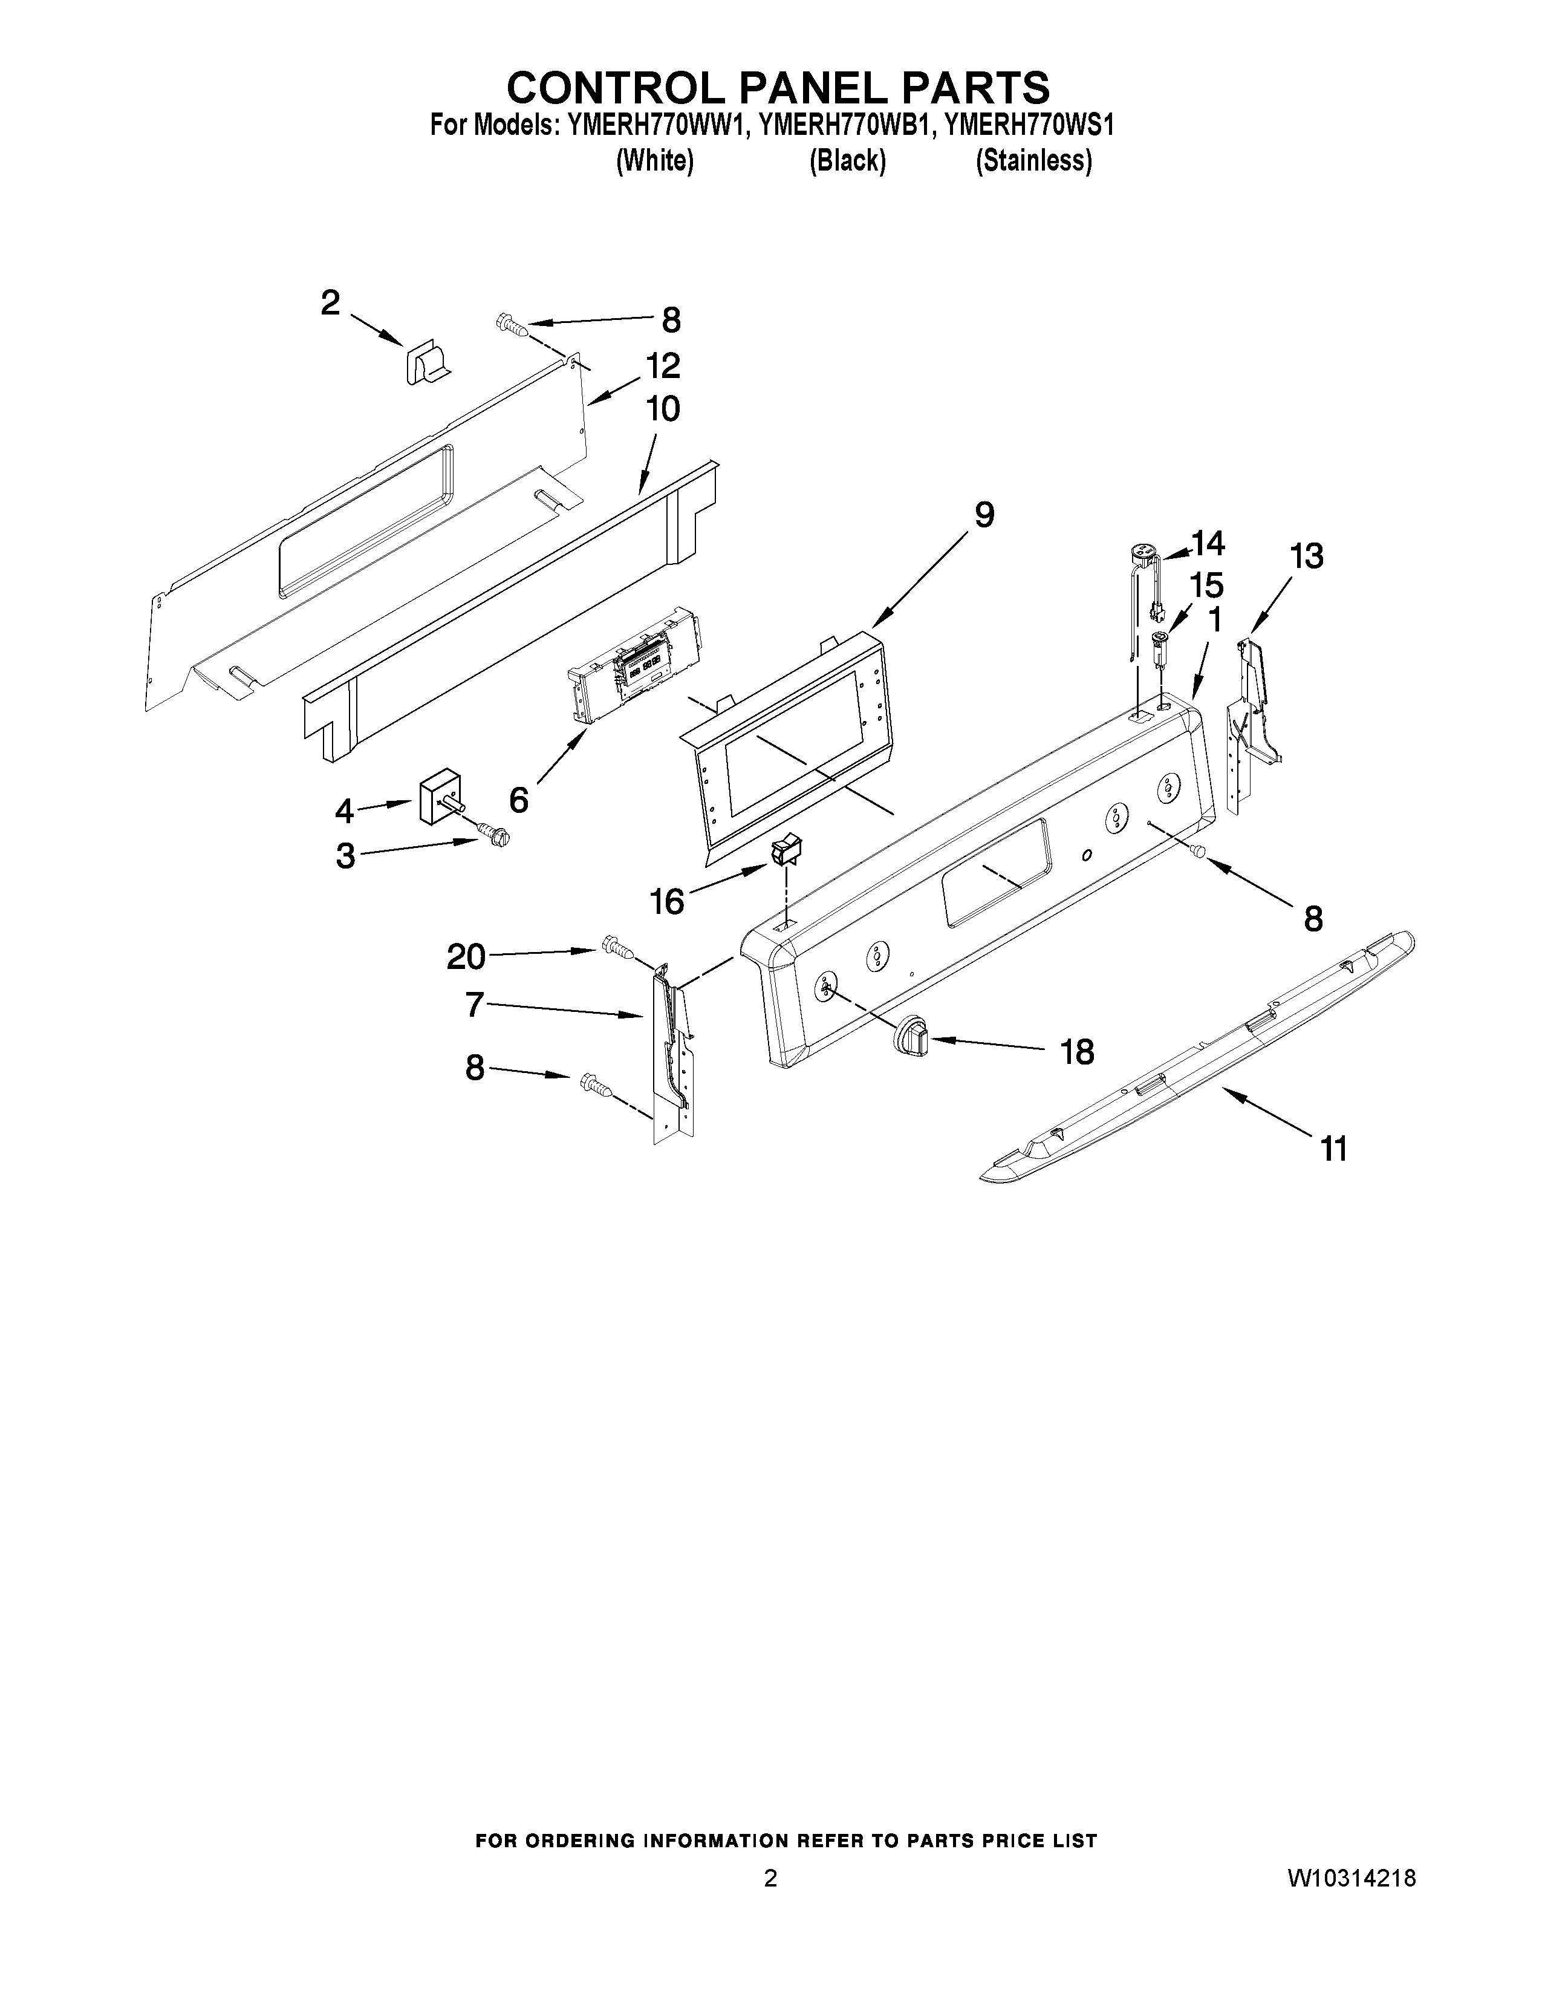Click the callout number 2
pyautogui.click(x=331, y=302)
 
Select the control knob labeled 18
pyautogui.click(x=909, y=1036)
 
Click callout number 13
pyautogui.click(x=1306, y=556)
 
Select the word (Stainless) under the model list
pyautogui.click(x=1034, y=161)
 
